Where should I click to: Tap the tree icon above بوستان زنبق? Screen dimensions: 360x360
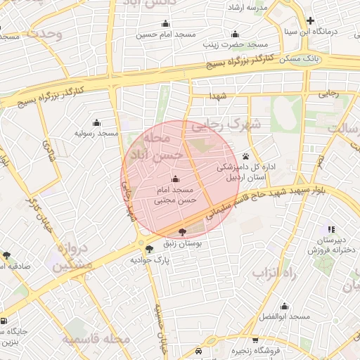pyautogui.click(x=183, y=231)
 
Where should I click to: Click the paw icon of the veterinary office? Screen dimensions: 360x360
pyautogui.click(x=245, y=156)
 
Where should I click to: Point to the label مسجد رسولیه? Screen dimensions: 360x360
pyautogui.click(x=96, y=133)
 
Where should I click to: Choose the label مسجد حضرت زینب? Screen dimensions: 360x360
pyautogui.click(x=235, y=44)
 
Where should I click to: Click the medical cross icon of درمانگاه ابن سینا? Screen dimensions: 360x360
pyautogui.click(x=310, y=20)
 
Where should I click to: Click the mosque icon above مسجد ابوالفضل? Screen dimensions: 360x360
pyautogui.click(x=284, y=307)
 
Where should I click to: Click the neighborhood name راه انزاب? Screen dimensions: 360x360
pyautogui.click(x=276, y=272)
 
